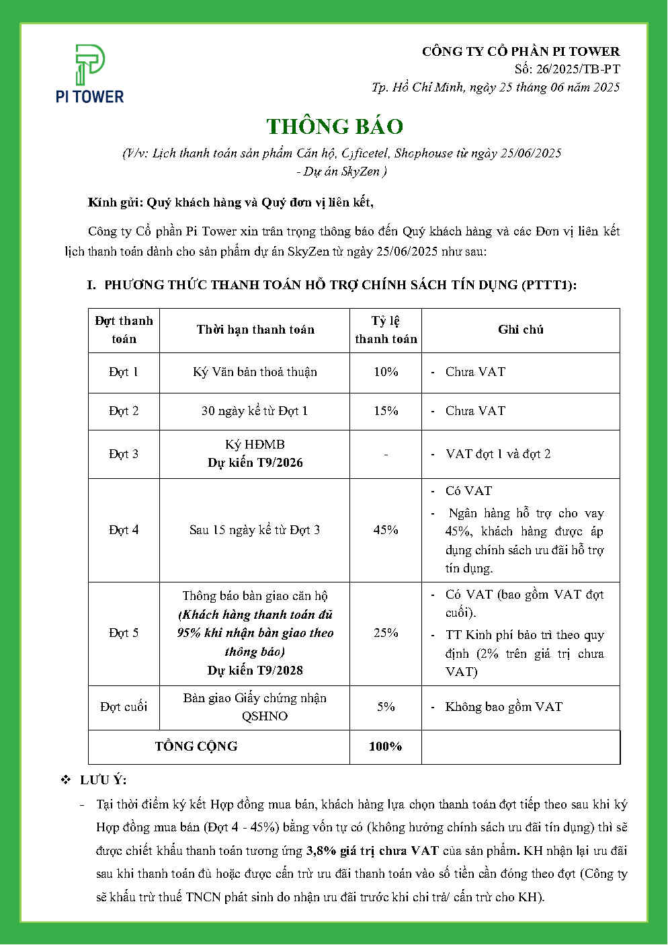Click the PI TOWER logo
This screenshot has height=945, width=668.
pos(89,74)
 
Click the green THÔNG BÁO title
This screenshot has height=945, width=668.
pos(335,126)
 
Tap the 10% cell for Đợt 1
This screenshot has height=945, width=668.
pos(386,372)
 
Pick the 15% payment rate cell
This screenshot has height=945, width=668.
pos(386,411)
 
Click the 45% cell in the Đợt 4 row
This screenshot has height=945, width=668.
pos(386,530)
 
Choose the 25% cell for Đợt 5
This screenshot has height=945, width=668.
pos(386,633)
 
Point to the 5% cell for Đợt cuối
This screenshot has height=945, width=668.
pos(386,707)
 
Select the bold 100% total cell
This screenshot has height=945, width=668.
pos(386,747)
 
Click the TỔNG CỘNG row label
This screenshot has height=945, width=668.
pos(196,747)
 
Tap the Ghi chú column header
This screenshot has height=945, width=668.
pos(521,330)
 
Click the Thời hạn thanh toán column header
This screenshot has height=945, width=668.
pos(255,330)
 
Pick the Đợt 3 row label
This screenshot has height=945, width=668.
pos(124,454)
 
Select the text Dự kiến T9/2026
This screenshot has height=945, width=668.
pos(255,463)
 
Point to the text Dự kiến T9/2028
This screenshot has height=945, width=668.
pos(255,671)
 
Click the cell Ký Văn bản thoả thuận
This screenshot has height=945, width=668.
pos(255,372)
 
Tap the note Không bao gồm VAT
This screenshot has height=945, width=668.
pos(503,707)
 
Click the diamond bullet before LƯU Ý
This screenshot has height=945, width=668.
pos(66,780)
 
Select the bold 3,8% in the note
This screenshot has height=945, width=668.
pos(319,851)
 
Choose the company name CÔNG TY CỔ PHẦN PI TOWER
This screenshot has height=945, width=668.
pos(521,52)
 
